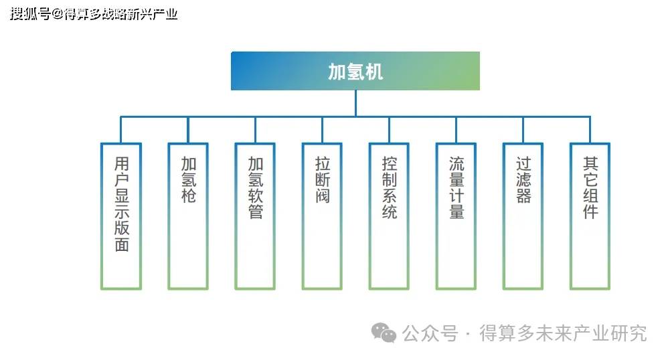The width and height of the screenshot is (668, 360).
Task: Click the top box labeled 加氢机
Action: point(355,71)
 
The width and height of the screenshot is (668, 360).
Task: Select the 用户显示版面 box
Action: point(121,215)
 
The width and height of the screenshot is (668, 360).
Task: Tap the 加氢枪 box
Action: point(188,215)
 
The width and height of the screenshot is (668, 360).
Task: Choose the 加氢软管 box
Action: point(255,215)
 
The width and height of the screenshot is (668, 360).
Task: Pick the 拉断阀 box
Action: point(322,215)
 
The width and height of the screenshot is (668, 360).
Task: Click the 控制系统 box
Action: point(389,215)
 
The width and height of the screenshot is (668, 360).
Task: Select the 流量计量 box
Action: point(456,215)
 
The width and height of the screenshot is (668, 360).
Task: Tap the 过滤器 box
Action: point(523,215)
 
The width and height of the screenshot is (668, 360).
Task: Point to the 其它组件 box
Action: point(590,215)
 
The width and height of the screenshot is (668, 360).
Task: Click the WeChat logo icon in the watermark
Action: point(384,332)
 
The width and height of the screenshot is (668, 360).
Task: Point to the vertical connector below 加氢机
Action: point(355,103)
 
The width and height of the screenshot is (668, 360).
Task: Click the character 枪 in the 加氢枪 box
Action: point(188,196)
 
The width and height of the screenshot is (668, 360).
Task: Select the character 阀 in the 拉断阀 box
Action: point(323,196)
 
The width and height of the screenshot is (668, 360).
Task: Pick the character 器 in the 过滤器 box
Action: point(523,196)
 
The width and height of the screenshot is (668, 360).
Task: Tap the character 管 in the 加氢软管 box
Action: point(256,212)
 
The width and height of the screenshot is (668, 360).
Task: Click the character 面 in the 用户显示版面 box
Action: point(121,244)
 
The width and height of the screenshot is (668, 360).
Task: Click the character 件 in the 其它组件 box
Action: point(590,212)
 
